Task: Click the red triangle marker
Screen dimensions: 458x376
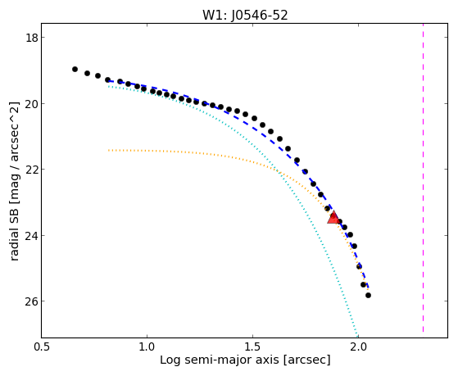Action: click(x=333, y=218)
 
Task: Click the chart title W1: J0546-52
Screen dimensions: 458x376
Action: click(x=245, y=16)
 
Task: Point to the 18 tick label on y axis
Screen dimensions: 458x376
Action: click(x=32, y=38)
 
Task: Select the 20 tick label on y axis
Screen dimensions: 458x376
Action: click(x=32, y=104)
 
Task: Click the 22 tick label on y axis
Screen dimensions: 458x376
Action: click(x=32, y=170)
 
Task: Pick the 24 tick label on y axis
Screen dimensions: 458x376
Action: click(x=32, y=235)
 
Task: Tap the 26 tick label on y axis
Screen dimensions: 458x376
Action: click(x=32, y=301)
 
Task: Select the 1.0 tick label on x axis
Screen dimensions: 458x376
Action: click(x=147, y=347)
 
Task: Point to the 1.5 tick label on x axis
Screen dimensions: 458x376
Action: click(x=252, y=347)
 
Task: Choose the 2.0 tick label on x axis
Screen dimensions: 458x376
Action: click(x=358, y=347)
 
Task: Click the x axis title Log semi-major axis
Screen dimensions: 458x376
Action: click(x=220, y=360)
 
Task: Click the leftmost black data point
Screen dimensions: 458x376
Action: click(x=75, y=70)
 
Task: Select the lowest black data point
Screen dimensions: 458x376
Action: click(x=368, y=296)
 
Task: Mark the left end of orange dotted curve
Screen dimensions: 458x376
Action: click(x=109, y=150)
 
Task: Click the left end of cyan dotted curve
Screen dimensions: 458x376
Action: click(x=109, y=87)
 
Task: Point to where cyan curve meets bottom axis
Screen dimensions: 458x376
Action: click(x=357, y=337)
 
